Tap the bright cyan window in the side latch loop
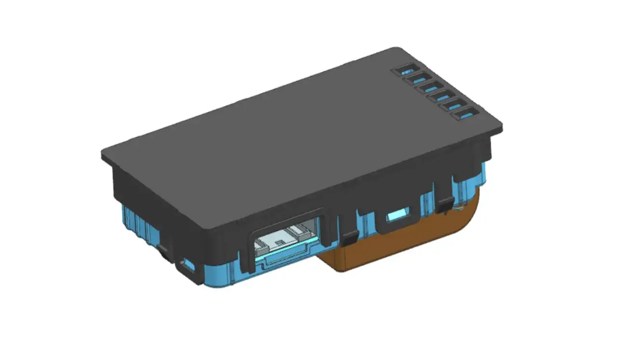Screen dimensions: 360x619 (399, 214)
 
